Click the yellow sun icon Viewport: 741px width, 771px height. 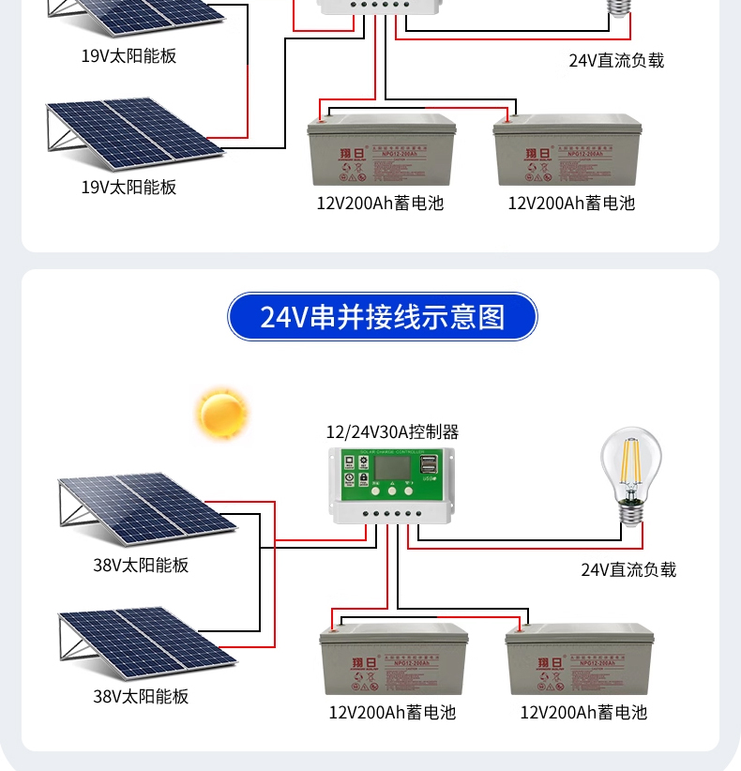(x=222, y=414)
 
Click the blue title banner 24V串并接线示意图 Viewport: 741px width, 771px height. (x=383, y=317)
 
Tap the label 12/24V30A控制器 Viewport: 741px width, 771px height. (x=392, y=432)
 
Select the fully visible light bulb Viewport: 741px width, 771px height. (x=630, y=469)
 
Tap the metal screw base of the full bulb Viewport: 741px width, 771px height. (x=630, y=512)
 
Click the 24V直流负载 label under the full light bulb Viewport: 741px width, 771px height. (x=628, y=569)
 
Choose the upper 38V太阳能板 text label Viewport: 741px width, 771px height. (x=141, y=566)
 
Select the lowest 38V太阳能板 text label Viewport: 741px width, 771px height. (x=141, y=696)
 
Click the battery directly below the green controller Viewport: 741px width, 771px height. (x=394, y=660)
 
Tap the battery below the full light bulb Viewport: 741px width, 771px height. (x=580, y=660)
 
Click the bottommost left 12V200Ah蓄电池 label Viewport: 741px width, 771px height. (x=392, y=713)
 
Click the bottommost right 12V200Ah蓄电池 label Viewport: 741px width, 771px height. (x=583, y=713)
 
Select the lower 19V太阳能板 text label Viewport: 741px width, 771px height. (x=129, y=187)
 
